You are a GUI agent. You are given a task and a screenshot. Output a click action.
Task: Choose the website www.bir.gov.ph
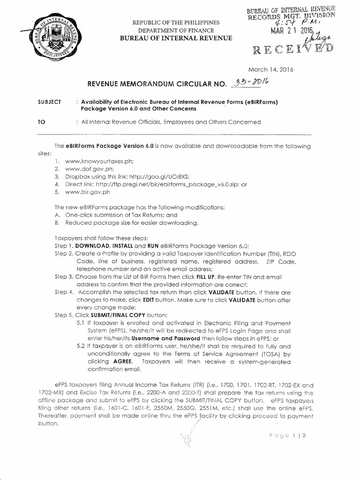pyautogui.click(x=87, y=192)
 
